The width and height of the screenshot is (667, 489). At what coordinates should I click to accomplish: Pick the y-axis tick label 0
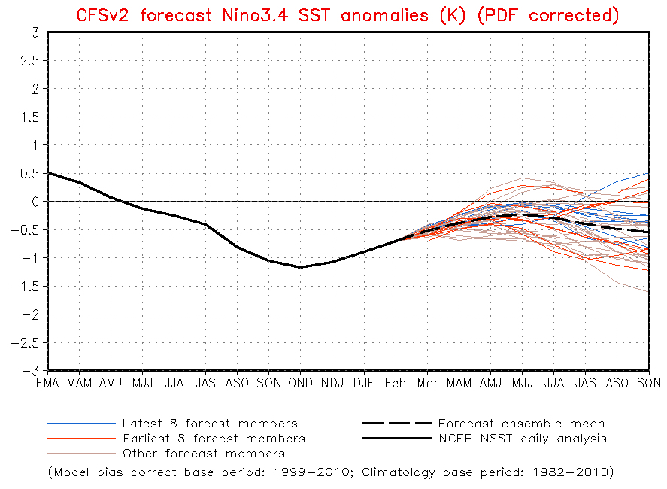tap(36, 202)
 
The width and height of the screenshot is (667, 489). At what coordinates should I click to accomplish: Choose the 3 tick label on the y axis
tap(36, 32)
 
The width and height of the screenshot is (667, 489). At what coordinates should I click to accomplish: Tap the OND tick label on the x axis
tap(300, 384)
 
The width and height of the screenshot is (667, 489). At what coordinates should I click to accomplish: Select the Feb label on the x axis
tap(396, 384)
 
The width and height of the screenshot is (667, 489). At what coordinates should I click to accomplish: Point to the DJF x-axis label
tap(364, 384)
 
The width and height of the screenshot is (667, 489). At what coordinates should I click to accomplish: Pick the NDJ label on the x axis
tap(332, 384)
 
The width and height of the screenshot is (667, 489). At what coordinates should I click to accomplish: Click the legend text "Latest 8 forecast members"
tap(210, 424)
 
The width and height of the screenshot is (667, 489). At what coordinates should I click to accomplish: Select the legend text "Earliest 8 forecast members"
tap(214, 439)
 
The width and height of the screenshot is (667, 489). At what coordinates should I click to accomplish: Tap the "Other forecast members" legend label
tap(203, 454)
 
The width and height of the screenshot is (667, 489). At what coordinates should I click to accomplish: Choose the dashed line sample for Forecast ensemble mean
tap(396, 424)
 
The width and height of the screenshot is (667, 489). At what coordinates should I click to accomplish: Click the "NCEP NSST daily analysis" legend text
tap(522, 439)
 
